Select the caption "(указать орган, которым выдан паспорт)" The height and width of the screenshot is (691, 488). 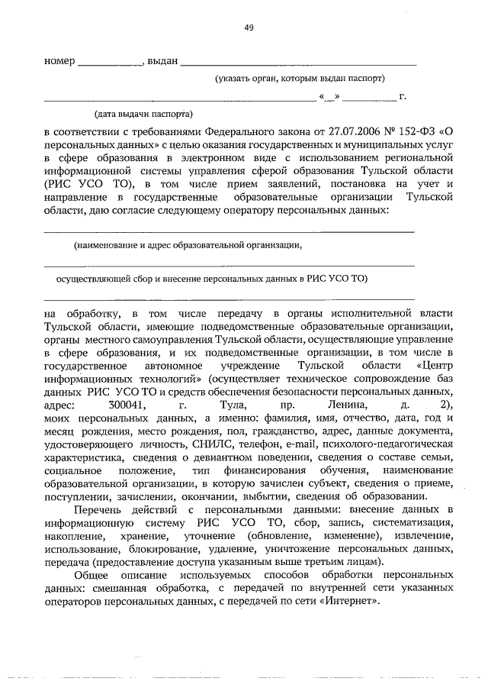tap(299, 79)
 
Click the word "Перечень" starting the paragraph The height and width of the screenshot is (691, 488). tap(100, 509)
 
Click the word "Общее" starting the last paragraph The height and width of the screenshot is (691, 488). tap(93, 575)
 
